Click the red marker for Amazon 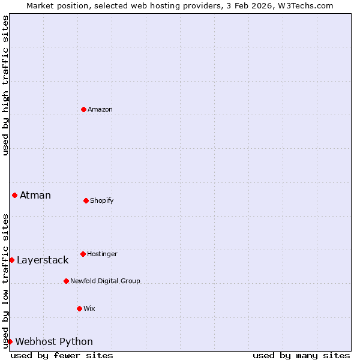coord(83,109)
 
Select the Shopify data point coord(86,200)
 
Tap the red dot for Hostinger coord(83,254)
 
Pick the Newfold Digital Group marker coord(66,281)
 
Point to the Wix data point coord(79,308)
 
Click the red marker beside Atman coord(14,195)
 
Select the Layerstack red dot coord(11,260)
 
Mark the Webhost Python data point coord(10,341)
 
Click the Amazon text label coord(100,109)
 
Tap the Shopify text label coord(102,200)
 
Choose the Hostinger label coord(102,254)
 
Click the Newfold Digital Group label coord(105,281)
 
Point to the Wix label coord(89,308)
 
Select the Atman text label coord(35,195)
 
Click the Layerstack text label coord(43,260)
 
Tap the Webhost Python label coord(54,341)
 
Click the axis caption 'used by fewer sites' coord(62,355)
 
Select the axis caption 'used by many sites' coord(301,355)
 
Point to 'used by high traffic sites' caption coord(5,85)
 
